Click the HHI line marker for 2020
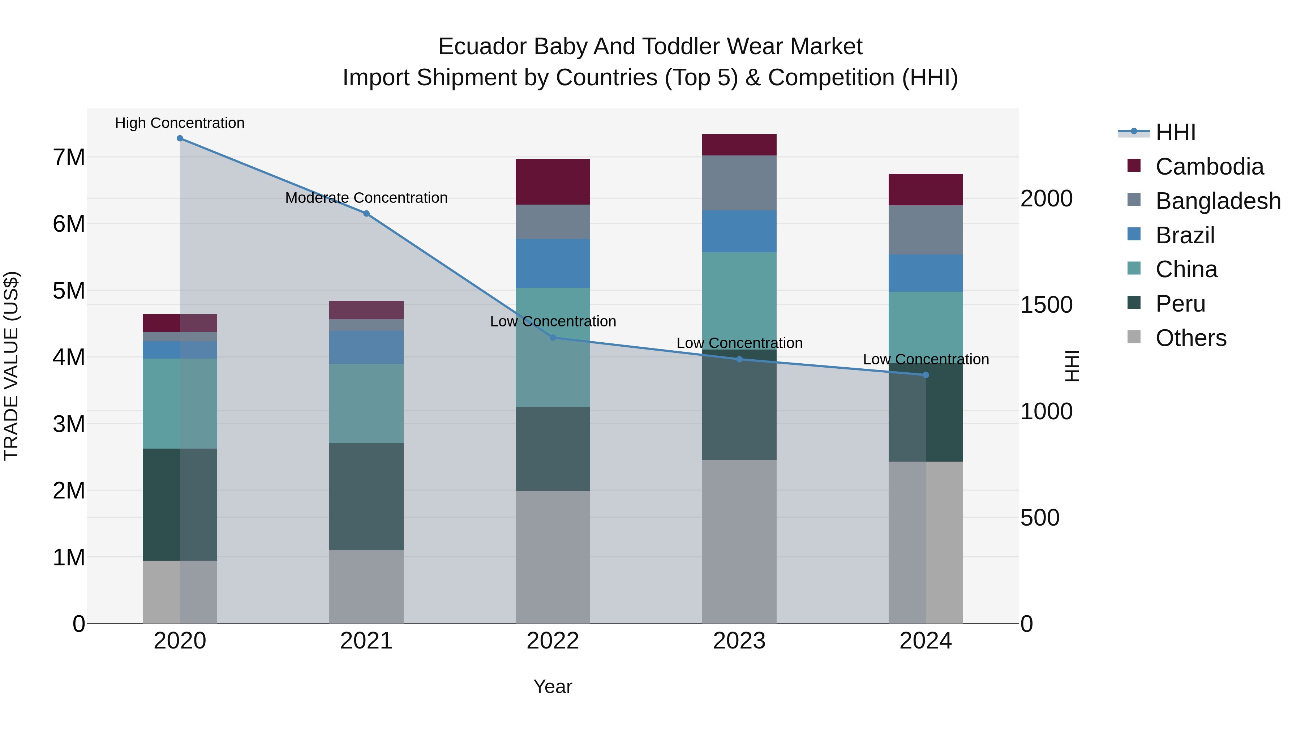click(180, 138)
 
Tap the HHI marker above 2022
click(553, 338)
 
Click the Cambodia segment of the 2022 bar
click(553, 182)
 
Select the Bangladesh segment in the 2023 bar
click(739, 183)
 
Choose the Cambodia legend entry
click(1209, 167)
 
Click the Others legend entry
click(1190, 338)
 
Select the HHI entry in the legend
click(1175, 132)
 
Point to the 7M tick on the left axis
click(69, 158)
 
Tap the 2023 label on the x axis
click(739, 641)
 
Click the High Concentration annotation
click(180, 123)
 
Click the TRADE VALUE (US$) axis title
click(12, 366)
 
